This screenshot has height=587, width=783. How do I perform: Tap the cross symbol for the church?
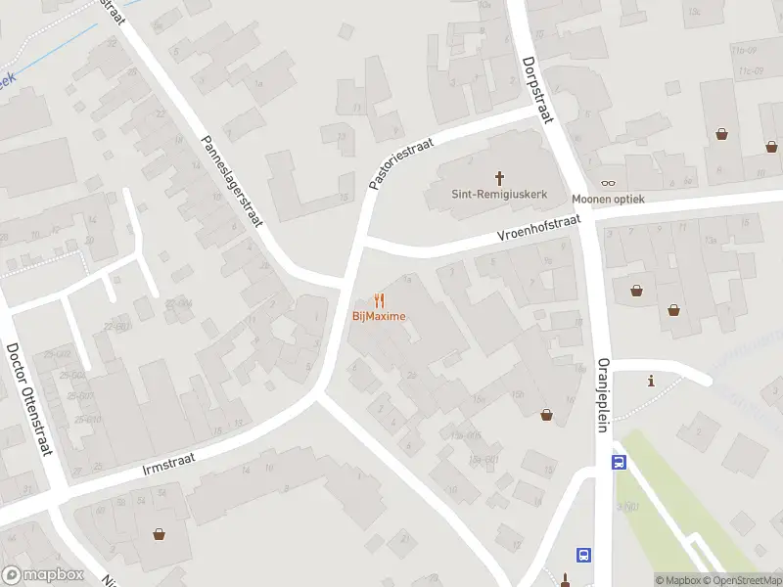click(499, 177)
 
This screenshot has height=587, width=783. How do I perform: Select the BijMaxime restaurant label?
click(379, 316)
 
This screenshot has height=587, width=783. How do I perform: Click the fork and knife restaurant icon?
click(380, 300)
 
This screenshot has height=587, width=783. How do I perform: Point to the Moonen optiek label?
click(609, 199)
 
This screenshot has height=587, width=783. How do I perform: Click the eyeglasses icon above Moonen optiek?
click(608, 183)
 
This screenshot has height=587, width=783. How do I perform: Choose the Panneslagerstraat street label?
click(233, 182)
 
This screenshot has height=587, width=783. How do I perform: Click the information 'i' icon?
click(651, 381)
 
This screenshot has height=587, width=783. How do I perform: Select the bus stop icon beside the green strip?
click(619, 462)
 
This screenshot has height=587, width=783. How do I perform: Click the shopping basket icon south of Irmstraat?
click(159, 534)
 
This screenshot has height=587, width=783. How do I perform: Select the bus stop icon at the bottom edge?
click(584, 556)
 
